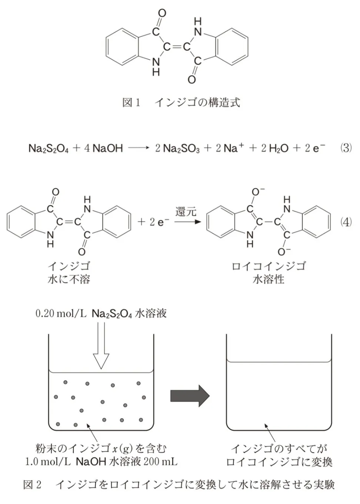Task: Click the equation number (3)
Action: click(346, 148)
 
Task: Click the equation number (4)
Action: click(346, 222)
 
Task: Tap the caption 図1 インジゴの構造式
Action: click(181, 103)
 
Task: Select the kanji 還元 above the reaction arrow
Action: click(186, 212)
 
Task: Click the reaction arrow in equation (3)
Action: click(139, 148)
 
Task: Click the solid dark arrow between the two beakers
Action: click(190, 396)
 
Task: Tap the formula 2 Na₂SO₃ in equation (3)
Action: click(177, 148)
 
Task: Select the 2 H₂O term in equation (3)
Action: click(275, 148)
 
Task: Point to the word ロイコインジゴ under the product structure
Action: click(269, 266)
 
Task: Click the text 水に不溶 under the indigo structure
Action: click(69, 280)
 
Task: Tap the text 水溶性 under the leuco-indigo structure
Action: click(269, 280)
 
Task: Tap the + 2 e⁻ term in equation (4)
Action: click(153, 222)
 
